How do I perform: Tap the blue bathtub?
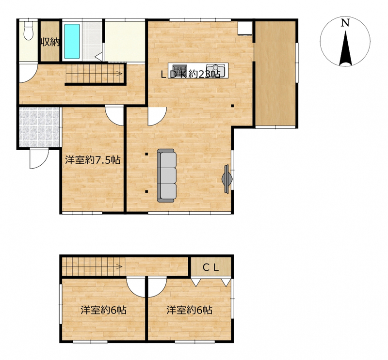[72, 41]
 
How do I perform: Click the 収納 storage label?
[50, 42]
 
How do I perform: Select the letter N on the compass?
[345, 23]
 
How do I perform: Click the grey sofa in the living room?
[167, 175]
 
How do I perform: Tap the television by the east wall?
[227, 178]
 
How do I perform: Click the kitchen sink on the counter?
[215, 70]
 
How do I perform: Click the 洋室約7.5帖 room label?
[93, 160]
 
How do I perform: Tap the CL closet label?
[211, 267]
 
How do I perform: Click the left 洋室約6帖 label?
[103, 310]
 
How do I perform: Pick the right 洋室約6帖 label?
[189, 310]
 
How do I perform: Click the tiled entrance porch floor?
[39, 127]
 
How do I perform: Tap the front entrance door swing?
[39, 159]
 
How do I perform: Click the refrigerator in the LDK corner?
[244, 29]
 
